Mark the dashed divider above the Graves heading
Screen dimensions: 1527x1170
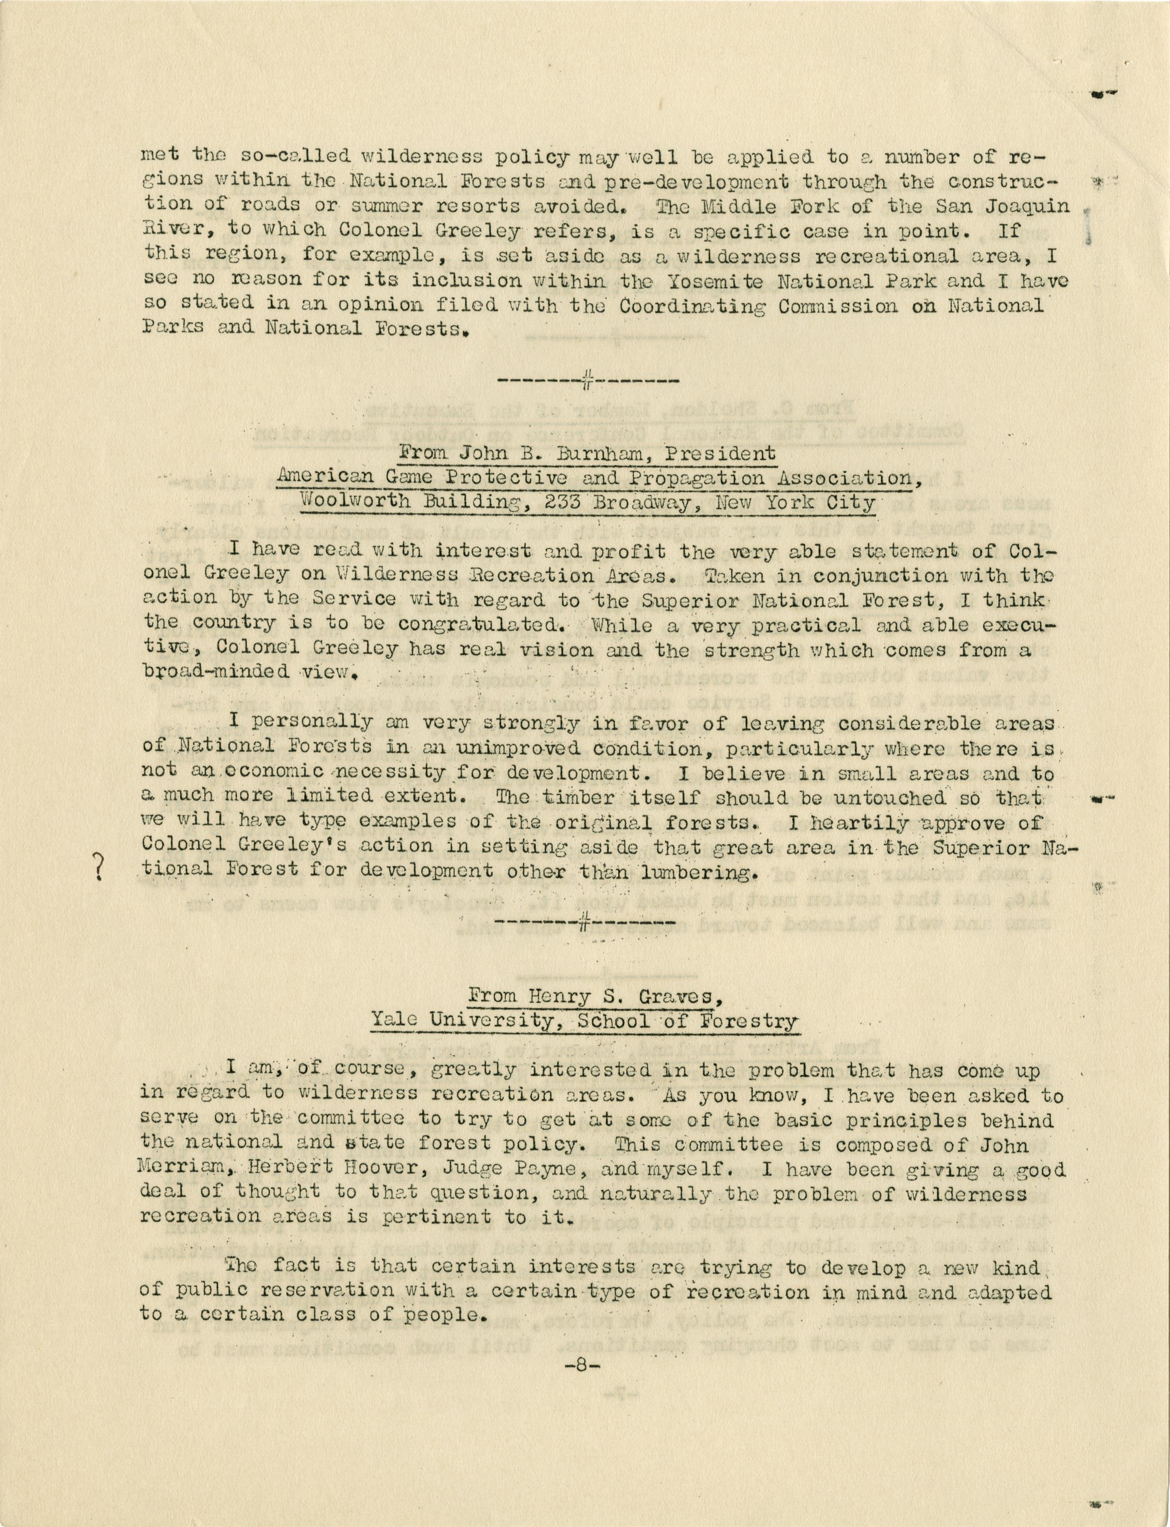click(584, 923)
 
